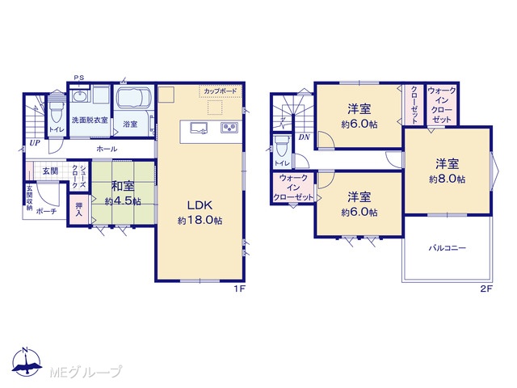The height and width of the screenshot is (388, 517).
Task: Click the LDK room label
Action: [200, 205]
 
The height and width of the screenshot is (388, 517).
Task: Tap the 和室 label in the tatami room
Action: [123, 187]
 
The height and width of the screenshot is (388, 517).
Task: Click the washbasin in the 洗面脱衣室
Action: [79, 97]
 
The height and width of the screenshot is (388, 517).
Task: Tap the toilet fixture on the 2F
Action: [282, 145]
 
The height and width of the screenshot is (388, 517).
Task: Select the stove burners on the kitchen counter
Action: [229, 128]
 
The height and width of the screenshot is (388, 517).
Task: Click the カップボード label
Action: [220, 91]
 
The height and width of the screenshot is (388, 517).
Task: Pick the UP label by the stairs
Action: [35, 143]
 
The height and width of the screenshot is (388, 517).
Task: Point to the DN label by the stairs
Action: [304, 137]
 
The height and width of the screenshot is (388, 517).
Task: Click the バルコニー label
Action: [447, 248]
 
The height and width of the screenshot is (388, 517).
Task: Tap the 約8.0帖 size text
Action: [447, 179]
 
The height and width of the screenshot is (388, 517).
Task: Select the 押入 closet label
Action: [79, 209]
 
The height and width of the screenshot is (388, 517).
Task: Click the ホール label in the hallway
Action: [107, 149]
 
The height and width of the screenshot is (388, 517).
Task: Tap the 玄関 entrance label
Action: [50, 171]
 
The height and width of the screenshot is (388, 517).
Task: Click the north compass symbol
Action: [27, 361]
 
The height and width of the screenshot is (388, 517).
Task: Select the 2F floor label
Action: [485, 289]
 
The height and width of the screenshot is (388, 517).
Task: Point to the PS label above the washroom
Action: [79, 78]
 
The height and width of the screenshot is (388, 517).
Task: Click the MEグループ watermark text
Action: [86, 372]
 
